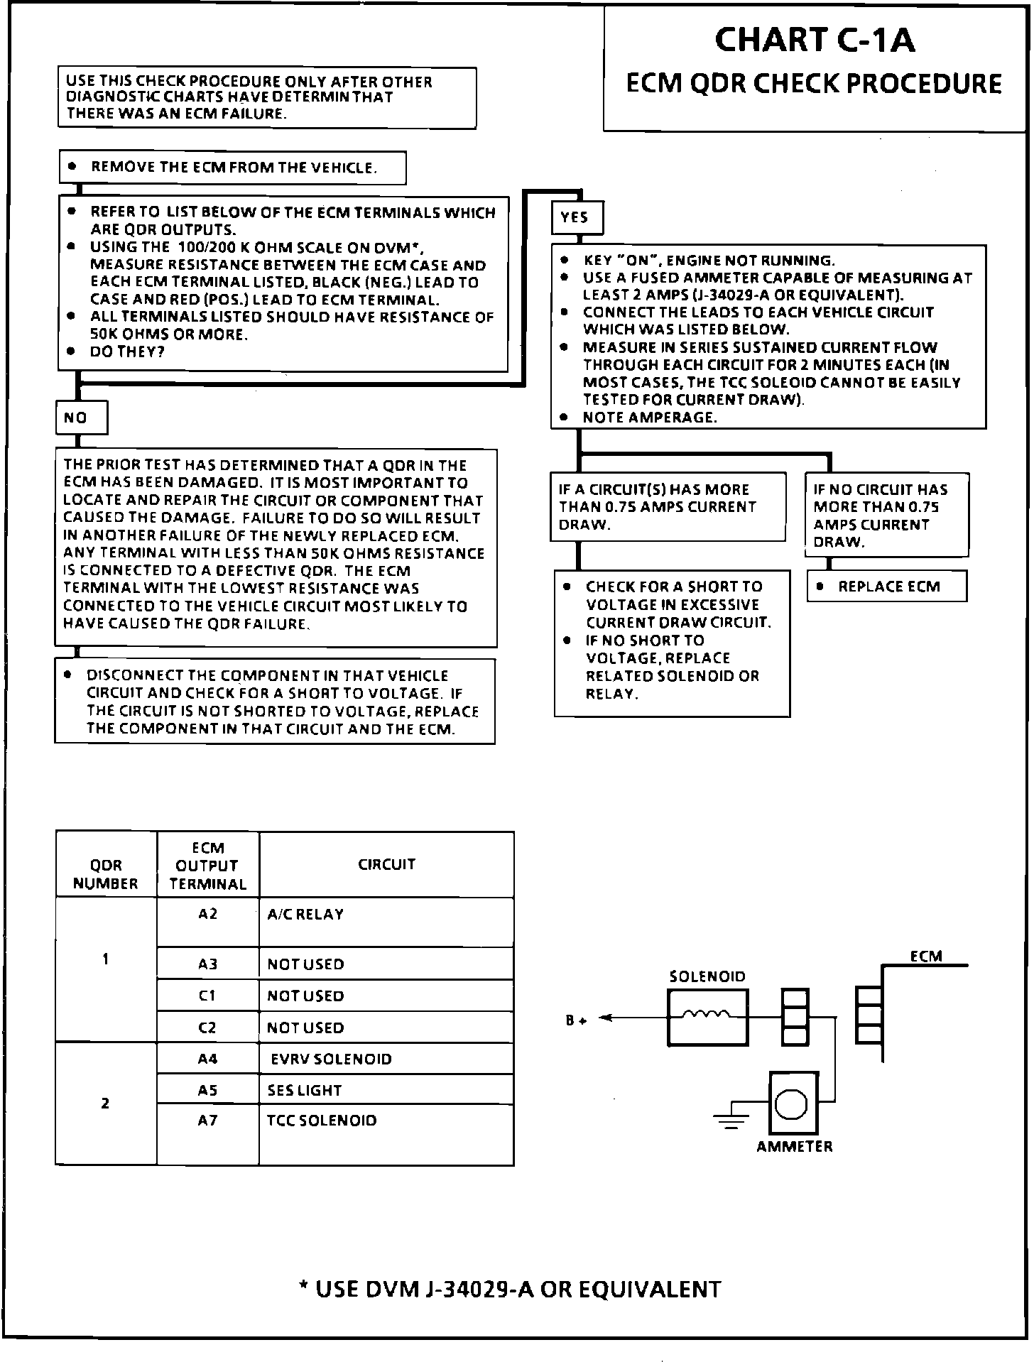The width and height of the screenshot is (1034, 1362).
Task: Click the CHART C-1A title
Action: tap(814, 40)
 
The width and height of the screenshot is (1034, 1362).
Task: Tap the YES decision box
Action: tap(577, 218)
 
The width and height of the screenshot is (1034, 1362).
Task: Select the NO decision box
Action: tap(81, 418)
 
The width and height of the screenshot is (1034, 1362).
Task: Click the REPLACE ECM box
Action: tap(887, 587)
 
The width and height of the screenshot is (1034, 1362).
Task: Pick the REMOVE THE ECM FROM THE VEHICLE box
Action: tap(232, 168)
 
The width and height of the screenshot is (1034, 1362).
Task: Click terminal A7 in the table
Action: tap(207, 1121)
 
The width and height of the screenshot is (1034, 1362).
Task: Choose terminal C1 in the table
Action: tap(207, 996)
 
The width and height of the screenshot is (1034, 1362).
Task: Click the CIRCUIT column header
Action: tap(386, 864)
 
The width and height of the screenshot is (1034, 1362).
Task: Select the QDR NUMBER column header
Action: tap(106, 874)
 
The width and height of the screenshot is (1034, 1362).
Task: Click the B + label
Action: tap(576, 1021)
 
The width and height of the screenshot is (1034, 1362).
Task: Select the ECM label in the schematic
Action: tap(926, 956)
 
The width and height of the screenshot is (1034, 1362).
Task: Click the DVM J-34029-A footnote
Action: tap(510, 1289)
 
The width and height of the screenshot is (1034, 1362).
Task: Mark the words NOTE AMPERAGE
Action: tap(649, 418)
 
